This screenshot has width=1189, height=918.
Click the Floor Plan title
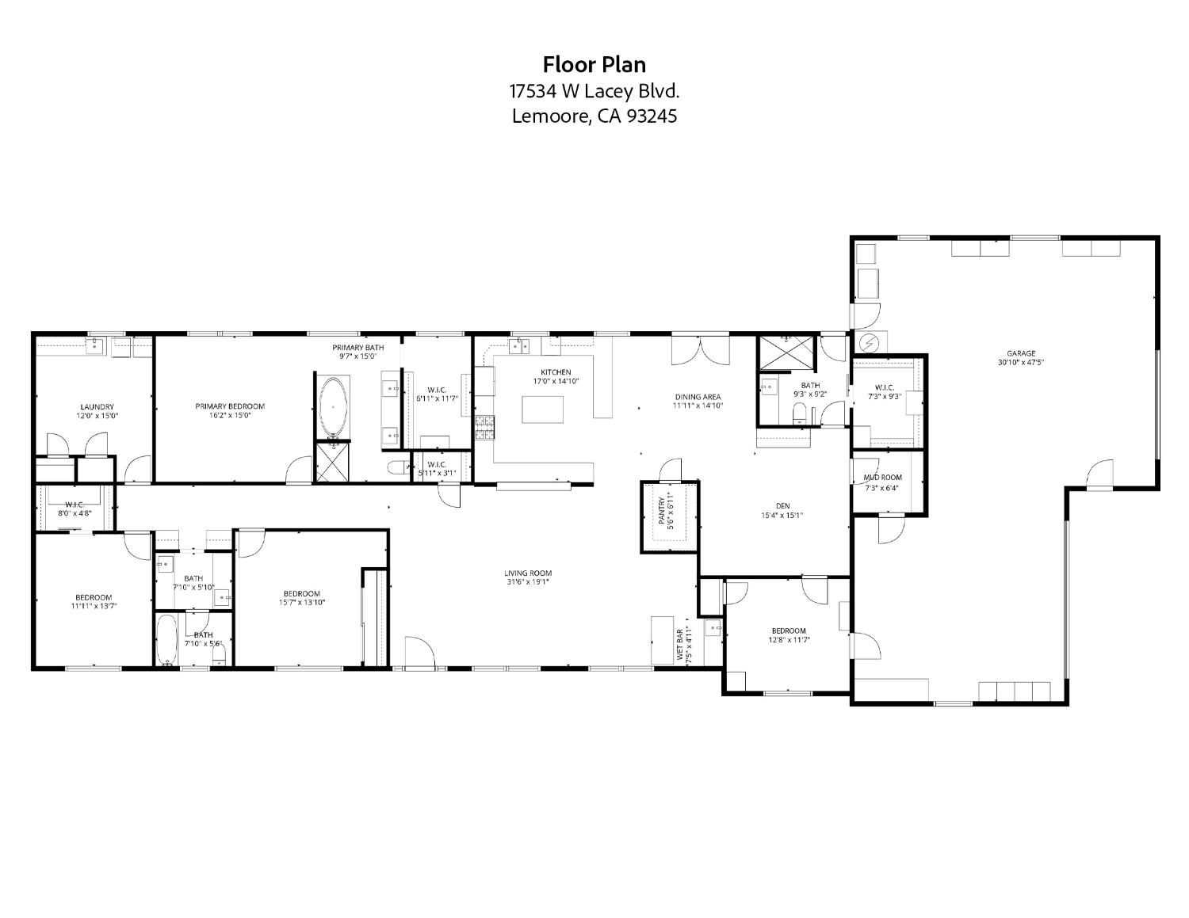594,64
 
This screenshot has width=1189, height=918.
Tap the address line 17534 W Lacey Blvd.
594,91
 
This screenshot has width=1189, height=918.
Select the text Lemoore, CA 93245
594,116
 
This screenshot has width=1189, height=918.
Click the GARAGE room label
1021,354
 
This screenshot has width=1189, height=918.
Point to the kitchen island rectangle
543,410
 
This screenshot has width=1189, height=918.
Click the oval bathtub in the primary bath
334,406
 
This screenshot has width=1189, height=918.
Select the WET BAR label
680,646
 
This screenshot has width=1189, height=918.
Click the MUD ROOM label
882,478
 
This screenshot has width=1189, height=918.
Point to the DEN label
782,506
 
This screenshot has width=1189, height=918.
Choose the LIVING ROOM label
528,573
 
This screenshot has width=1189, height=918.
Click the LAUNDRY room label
97,407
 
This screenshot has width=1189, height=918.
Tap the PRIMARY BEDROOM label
230,406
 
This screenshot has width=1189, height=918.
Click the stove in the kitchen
484,429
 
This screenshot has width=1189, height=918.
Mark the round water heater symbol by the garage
870,343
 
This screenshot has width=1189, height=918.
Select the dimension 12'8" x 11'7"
789,640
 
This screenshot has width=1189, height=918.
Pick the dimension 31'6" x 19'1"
528,582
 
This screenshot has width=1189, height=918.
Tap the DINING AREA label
698,398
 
